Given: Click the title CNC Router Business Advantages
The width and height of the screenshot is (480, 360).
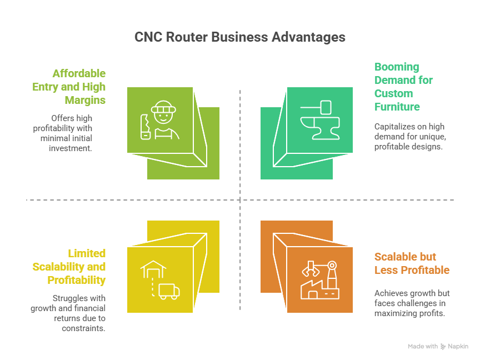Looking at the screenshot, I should pyautogui.click(x=240, y=37).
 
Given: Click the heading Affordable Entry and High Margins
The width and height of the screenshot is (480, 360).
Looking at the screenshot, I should pyautogui.click(x=69, y=87).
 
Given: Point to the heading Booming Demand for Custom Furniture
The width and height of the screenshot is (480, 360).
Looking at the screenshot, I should pyautogui.click(x=403, y=87).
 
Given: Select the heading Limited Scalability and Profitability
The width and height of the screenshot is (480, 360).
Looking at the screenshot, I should pyautogui.click(x=69, y=267).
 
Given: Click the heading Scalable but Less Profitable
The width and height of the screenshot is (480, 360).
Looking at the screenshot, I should pyautogui.click(x=412, y=263).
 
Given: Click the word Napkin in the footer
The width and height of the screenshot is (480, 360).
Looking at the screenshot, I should pyautogui.click(x=458, y=346).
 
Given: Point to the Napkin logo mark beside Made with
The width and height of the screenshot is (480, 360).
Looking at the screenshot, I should pyautogui.click(x=443, y=346).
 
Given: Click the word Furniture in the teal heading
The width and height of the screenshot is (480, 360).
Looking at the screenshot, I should pyautogui.click(x=397, y=107).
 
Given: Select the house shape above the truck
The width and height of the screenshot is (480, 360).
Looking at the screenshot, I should pyautogui.click(x=153, y=270).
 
